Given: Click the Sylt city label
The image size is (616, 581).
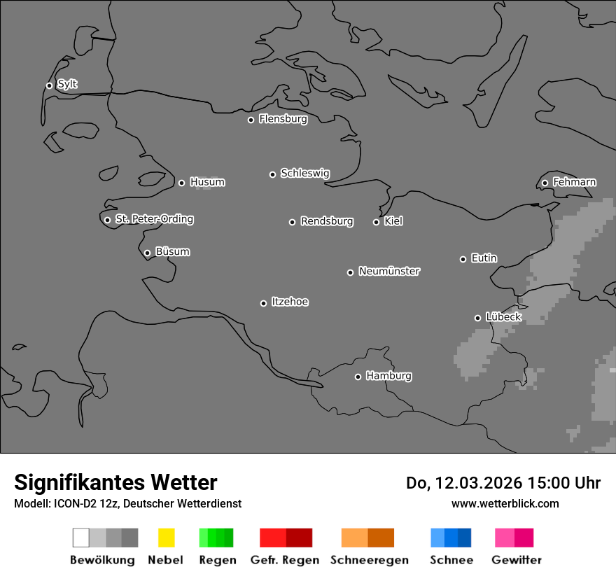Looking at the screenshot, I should point(67,84).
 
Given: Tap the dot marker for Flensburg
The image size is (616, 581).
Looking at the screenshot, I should point(251,120).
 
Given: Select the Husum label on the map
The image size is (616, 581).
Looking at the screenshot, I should point(207,182).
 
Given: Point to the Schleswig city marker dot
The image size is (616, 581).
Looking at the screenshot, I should point(272,174).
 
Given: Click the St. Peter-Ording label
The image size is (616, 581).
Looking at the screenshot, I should point(154,219).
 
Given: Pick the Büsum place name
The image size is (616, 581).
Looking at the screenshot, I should point(172,251).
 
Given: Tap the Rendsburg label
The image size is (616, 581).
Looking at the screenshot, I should point(327,221).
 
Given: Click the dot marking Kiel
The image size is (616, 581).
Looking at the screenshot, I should point(376,222).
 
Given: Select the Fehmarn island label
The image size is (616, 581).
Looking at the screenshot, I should point(574,182).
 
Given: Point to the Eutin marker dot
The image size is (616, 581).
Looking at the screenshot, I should point(463,259).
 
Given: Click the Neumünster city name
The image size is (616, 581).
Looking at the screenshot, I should point(389,271).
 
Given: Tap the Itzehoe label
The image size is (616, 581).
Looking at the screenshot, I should point(290,302).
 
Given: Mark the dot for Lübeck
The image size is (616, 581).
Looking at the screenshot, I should point(477,318).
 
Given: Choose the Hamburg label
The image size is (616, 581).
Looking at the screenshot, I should point(388,376).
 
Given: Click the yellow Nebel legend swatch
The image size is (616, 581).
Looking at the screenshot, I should point(166,538).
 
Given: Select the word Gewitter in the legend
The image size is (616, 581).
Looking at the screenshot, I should point(517,560).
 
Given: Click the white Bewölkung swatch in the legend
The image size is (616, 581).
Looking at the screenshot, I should point(81,538).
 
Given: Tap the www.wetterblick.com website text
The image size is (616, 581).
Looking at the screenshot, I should point(505,503).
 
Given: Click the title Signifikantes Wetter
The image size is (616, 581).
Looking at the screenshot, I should point(115,482).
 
